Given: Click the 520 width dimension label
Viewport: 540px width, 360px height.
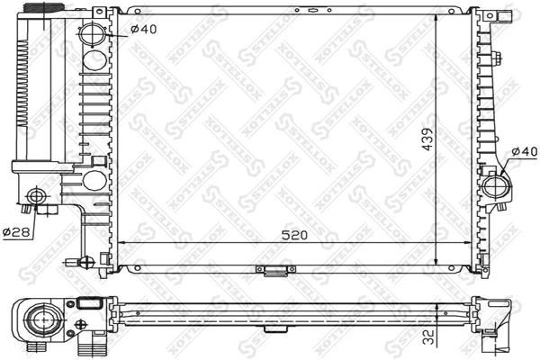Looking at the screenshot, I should tap(293, 235).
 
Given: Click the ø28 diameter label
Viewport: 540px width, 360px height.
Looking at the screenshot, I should tap(16, 232).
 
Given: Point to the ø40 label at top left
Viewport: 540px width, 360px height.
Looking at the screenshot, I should tap(143, 29).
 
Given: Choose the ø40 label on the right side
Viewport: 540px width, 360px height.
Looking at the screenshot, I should tap(523, 150).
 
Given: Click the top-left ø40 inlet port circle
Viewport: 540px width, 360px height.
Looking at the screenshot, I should tap(94, 38).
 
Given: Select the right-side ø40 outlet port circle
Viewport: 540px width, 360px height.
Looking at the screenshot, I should tap(496, 186).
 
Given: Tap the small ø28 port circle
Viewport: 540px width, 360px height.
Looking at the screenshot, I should tap(36, 195).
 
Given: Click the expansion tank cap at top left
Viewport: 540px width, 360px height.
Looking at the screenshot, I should tap(38, 6).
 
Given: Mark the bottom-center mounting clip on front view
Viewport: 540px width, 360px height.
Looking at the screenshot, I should tap(273, 269).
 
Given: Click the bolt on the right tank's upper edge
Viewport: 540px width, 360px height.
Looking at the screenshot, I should tap(499, 60).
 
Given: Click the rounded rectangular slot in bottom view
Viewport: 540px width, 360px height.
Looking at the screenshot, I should tap(88, 304).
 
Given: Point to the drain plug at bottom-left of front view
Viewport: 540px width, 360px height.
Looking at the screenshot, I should tap(86, 264).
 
